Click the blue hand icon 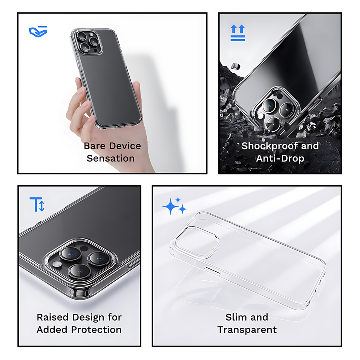tap(38, 31)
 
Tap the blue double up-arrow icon tap(238, 33)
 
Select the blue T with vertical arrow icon tap(37, 204)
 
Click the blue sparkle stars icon tap(175, 206)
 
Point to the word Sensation tap(111, 158)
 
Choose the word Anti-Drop tap(280, 158)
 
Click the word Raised tap(53, 317)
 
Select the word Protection tap(96, 330)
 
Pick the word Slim tap(234, 317)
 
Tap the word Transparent tap(247, 330)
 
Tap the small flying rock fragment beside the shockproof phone tap(236, 66)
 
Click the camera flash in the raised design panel tap(57, 264)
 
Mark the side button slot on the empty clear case tap(212, 270)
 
